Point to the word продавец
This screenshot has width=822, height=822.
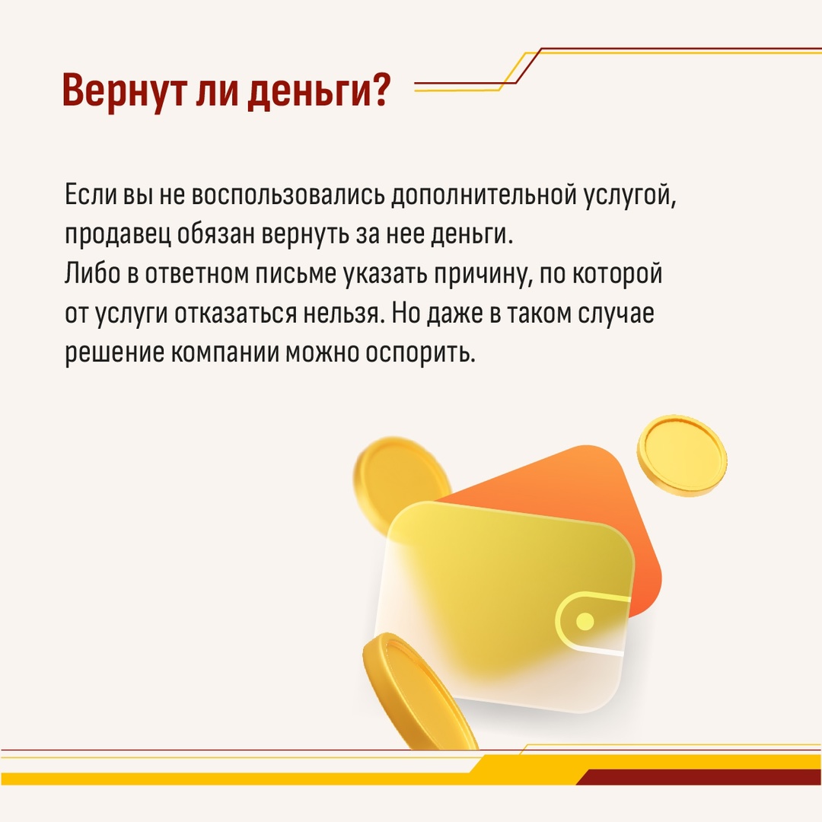coord(117,235)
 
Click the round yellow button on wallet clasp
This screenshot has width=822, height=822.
coord(585,621)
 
